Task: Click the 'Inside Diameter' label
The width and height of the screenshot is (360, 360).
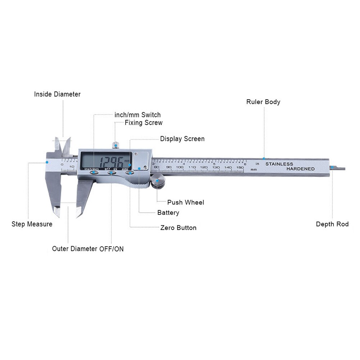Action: pos(57,94)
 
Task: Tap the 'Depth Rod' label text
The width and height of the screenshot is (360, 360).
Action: pos(332,224)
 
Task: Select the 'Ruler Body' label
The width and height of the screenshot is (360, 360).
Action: pos(263,102)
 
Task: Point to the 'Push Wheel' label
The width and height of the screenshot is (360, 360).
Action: pos(185,202)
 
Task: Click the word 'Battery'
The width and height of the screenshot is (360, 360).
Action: pos(168,213)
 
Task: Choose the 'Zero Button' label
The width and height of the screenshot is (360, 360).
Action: pos(178,228)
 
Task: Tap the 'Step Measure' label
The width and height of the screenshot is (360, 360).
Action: pos(32,224)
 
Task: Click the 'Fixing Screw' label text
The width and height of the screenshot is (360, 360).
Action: pos(143,123)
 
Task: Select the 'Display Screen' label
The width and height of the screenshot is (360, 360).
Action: pos(182,139)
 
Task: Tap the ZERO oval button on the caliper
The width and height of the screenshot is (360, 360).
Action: pos(129,172)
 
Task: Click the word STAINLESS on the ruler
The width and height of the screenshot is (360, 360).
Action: pos(279,164)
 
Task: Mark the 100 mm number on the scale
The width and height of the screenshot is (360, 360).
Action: pos(180,167)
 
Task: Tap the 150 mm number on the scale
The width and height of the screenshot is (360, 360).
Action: pos(239,167)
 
